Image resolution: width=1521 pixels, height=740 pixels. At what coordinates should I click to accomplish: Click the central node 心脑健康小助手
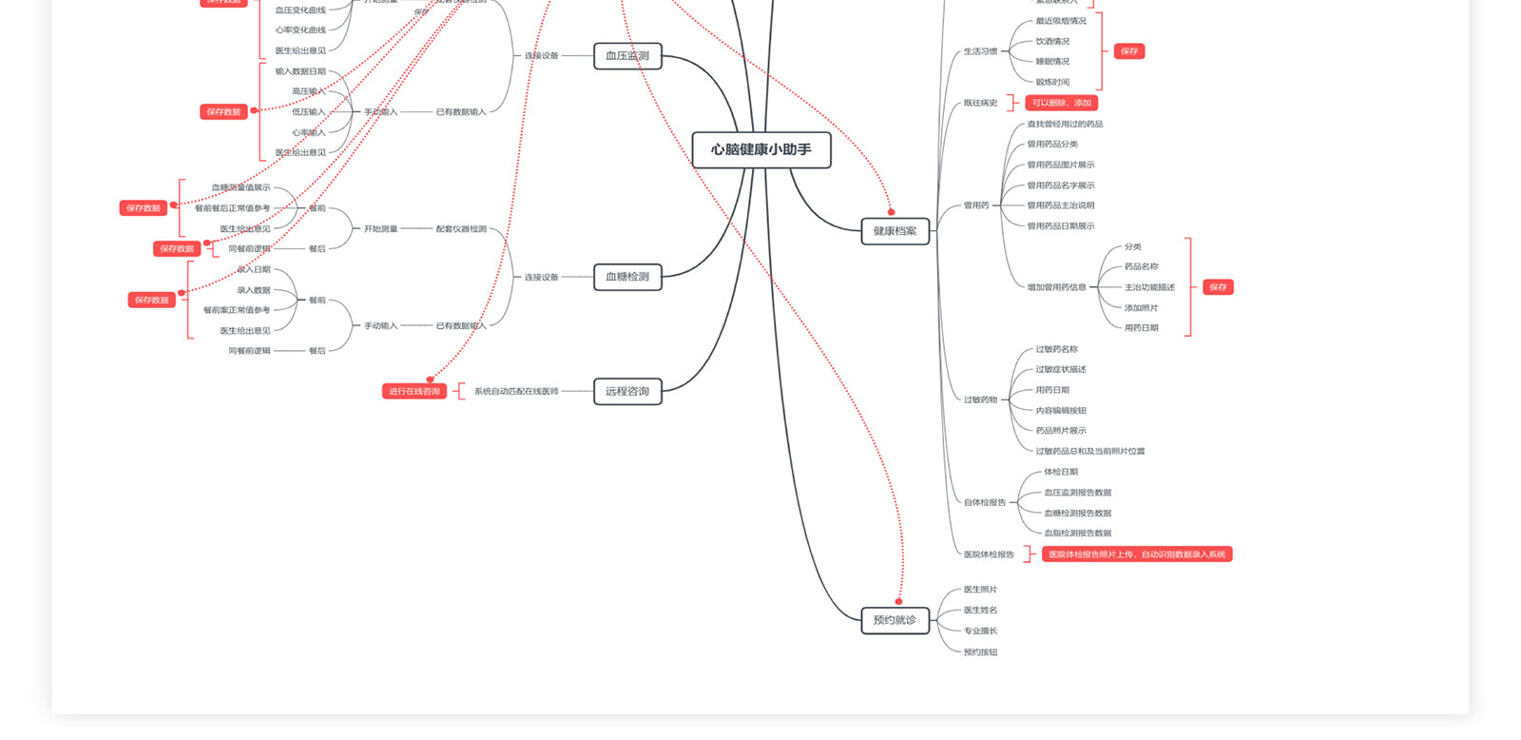pyautogui.click(x=760, y=149)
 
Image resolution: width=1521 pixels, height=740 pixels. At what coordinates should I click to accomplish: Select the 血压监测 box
pyautogui.click(x=627, y=56)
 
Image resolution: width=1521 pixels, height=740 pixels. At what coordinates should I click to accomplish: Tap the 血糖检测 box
pyautogui.click(x=627, y=277)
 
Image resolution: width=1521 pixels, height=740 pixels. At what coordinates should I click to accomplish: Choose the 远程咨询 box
pyautogui.click(x=627, y=391)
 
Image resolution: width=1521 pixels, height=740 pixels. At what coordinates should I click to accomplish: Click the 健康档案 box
pyautogui.click(x=895, y=231)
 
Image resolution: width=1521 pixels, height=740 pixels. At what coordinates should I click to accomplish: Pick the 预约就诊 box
pyautogui.click(x=895, y=620)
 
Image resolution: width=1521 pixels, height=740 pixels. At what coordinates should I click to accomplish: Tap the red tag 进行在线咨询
pyautogui.click(x=414, y=391)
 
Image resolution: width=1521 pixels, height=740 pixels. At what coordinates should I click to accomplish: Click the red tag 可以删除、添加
pyautogui.click(x=1061, y=103)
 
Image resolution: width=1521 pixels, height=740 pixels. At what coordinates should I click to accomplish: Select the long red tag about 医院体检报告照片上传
pyautogui.click(x=1137, y=555)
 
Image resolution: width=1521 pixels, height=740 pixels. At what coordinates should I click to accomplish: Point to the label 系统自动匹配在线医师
pyautogui.click(x=516, y=391)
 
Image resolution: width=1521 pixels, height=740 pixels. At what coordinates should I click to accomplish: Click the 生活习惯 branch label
pyautogui.click(x=980, y=51)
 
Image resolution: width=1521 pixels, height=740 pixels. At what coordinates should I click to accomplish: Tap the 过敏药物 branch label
pyautogui.click(x=980, y=399)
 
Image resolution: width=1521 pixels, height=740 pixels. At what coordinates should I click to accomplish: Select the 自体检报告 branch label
pyautogui.click(x=984, y=502)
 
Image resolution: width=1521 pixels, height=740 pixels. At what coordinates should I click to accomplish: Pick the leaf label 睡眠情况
pyautogui.click(x=1052, y=62)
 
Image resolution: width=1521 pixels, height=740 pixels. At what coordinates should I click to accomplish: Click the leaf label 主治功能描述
pyautogui.click(x=1149, y=287)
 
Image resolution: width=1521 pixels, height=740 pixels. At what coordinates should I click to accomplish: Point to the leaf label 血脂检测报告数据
pyautogui.click(x=1077, y=534)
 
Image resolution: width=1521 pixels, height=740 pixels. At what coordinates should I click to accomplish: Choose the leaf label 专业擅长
pyautogui.click(x=980, y=631)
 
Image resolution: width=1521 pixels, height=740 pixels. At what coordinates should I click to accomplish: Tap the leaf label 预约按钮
pyautogui.click(x=980, y=652)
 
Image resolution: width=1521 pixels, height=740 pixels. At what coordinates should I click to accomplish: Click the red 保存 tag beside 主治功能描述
pyautogui.click(x=1218, y=287)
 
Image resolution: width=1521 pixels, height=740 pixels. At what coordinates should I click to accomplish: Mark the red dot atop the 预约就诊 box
pyautogui.click(x=898, y=601)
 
